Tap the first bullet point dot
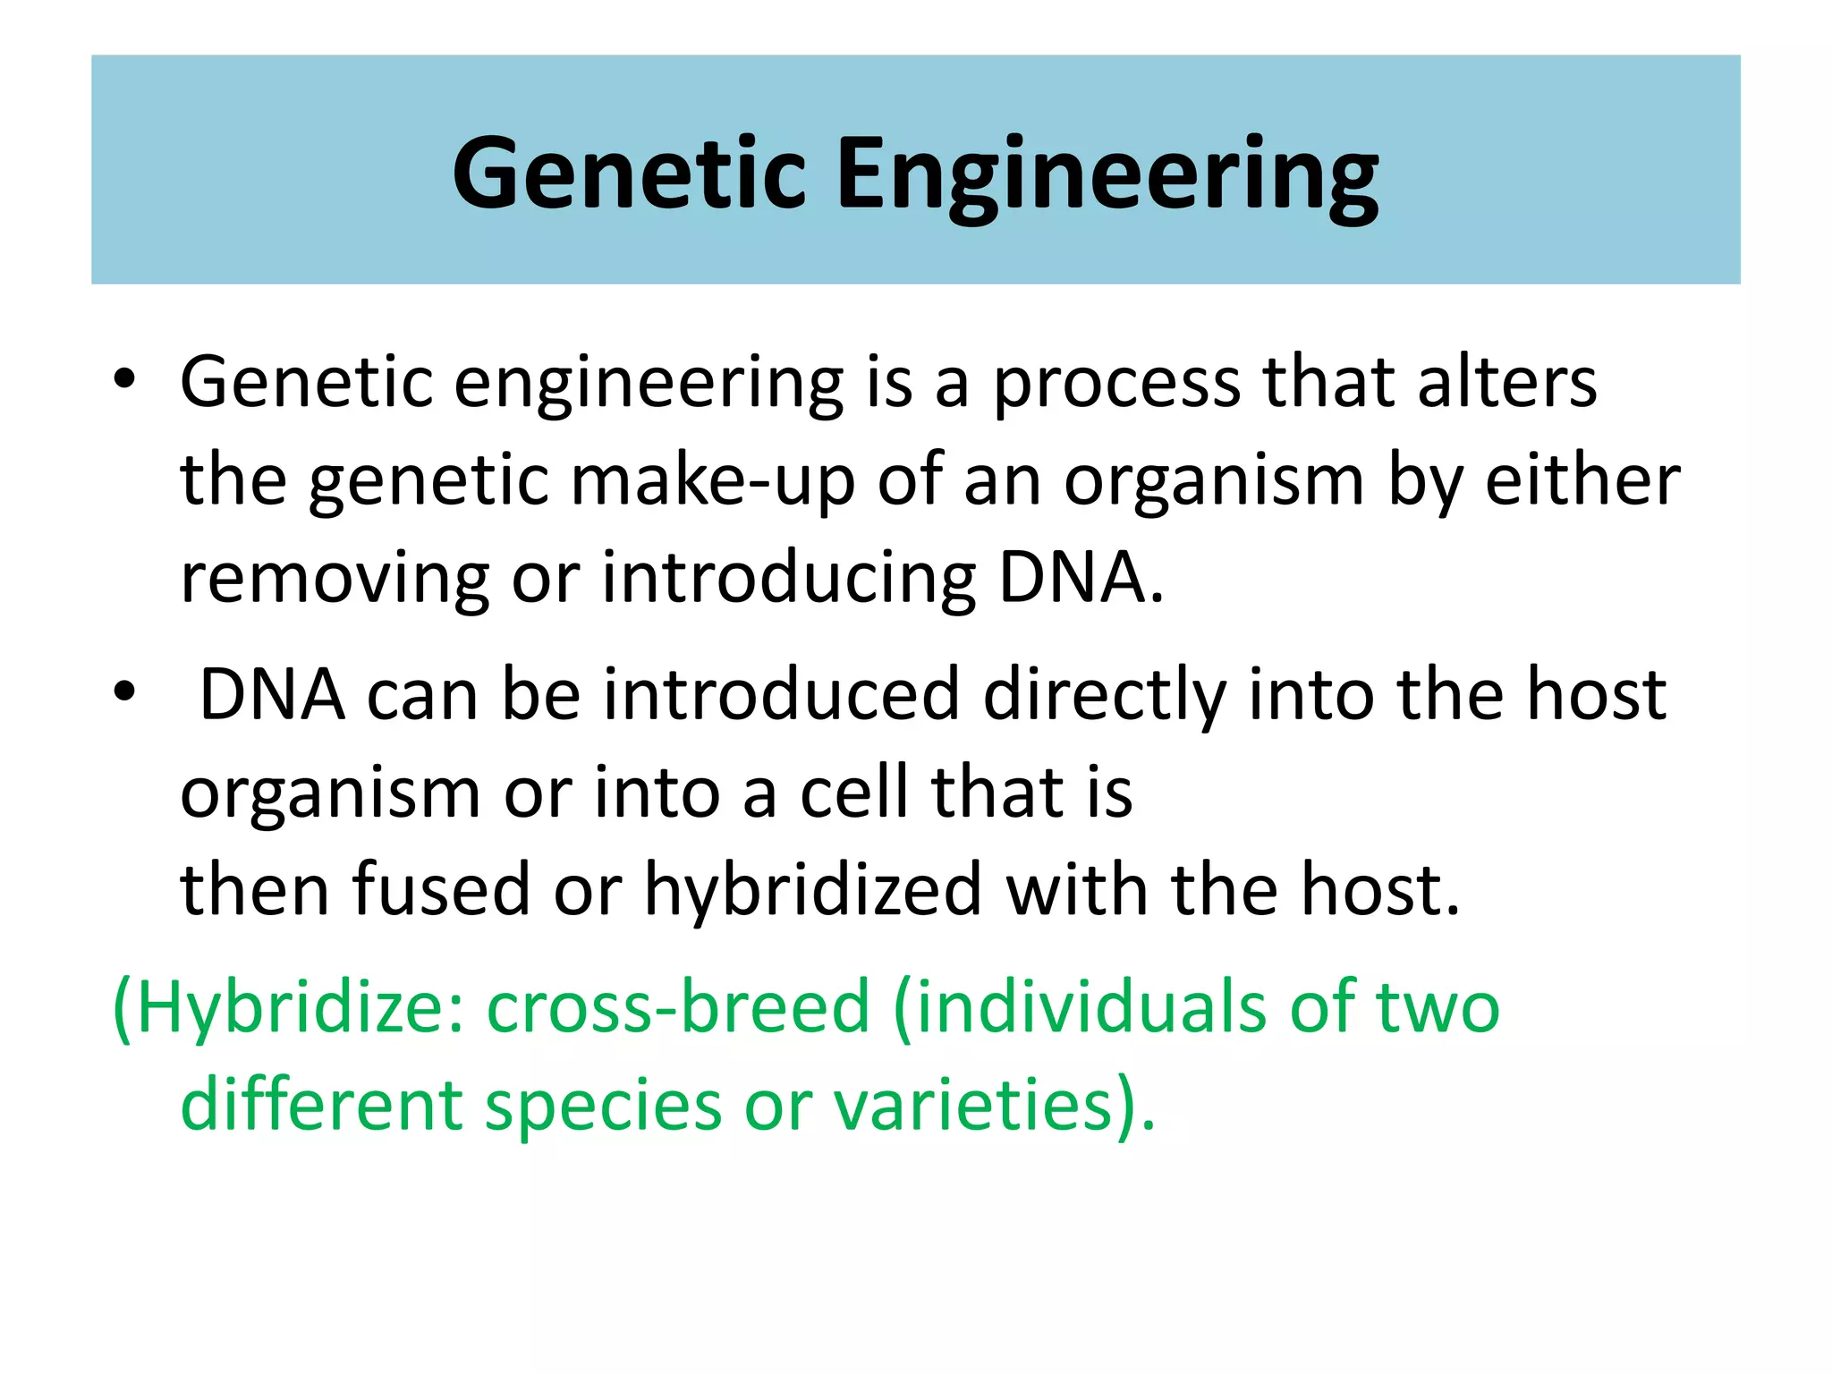(x=124, y=379)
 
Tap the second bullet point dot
(x=124, y=691)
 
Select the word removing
(x=335, y=579)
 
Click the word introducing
(x=788, y=579)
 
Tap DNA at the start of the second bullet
(x=272, y=695)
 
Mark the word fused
(x=442, y=890)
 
